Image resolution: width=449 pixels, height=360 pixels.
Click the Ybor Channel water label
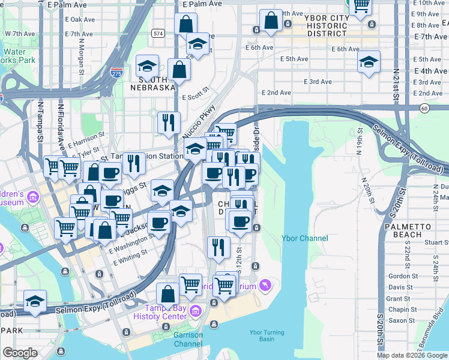point(305,238)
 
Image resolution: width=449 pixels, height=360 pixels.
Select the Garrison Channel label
point(188,339)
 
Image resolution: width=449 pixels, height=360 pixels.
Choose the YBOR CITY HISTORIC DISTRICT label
point(327,26)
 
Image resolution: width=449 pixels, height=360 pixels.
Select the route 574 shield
point(157,32)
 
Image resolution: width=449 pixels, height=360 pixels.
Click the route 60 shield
point(424,108)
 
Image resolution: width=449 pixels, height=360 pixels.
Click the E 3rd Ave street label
point(318,82)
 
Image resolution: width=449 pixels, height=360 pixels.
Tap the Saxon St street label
point(398,320)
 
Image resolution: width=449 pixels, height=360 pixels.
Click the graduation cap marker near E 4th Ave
point(369,62)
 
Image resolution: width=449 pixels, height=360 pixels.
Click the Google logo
point(20,353)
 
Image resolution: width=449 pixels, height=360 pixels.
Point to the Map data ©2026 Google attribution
point(412,355)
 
